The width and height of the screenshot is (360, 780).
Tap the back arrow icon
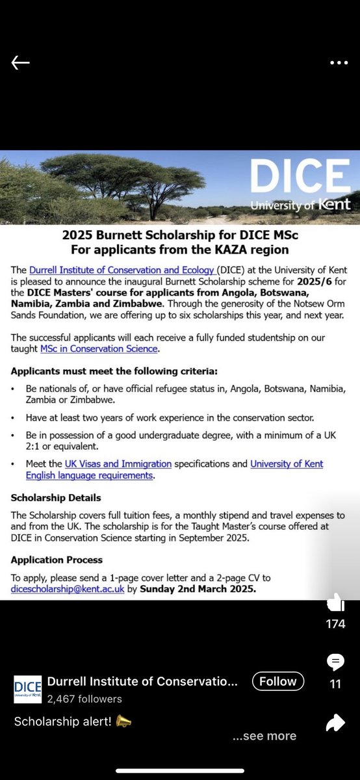click(21, 62)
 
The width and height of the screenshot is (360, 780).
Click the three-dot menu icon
click(339, 62)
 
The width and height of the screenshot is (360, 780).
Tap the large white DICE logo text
click(301, 175)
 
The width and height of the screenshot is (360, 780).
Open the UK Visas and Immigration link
click(118, 464)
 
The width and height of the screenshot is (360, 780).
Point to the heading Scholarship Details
click(56, 497)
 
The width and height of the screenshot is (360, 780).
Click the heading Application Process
click(57, 560)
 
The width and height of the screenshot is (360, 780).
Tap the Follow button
click(277, 681)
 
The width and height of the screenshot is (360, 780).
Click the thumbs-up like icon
click(336, 603)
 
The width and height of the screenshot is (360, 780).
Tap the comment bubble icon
click(336, 662)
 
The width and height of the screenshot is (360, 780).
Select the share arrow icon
click(336, 722)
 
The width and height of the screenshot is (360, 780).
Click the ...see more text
click(264, 736)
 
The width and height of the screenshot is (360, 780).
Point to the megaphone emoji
click(123, 721)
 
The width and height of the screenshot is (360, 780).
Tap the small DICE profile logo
click(28, 689)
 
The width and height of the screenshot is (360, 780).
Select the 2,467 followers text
click(84, 699)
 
